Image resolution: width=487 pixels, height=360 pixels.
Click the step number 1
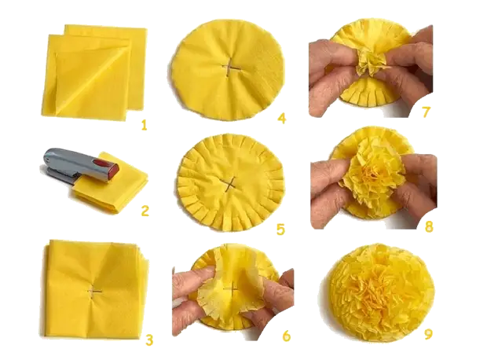click(x=145, y=123)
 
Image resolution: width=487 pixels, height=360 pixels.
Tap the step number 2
click(x=145, y=210)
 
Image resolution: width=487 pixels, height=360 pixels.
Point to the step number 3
click(x=148, y=339)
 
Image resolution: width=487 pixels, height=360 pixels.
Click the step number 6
click(x=286, y=336)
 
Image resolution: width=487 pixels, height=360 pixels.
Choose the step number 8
click(x=428, y=226)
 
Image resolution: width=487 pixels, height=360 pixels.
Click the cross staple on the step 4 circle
click(x=230, y=68)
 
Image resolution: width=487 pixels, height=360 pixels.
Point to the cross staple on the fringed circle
click(x=229, y=183)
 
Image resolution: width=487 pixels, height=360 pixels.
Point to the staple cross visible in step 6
click(x=231, y=291)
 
